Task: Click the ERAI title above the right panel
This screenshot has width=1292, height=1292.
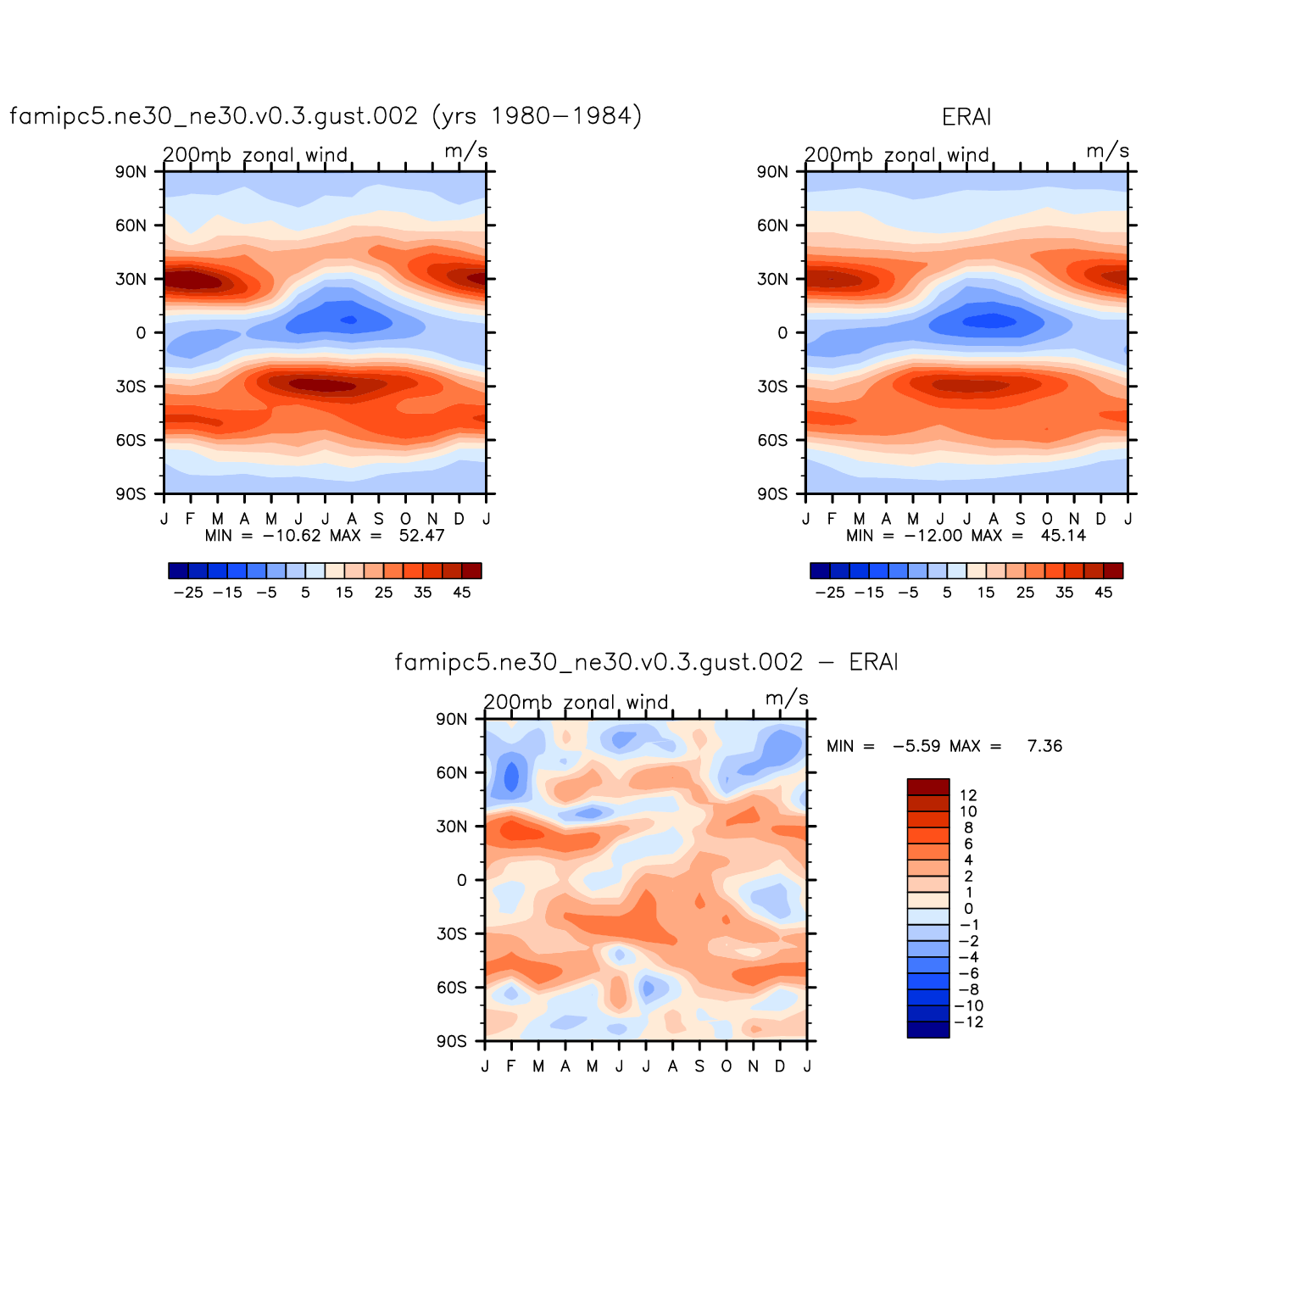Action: tap(966, 117)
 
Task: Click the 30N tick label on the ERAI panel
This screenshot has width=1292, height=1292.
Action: tap(772, 279)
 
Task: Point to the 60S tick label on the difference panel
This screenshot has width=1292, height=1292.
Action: tap(452, 988)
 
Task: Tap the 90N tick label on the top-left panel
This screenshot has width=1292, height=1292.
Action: tap(131, 172)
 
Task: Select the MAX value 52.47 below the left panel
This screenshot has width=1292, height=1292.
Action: tap(421, 536)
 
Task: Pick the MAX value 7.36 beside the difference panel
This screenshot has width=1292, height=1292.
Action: tap(1044, 746)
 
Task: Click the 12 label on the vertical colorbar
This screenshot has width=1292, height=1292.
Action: tap(968, 795)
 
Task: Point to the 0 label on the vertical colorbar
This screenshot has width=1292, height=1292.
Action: tap(968, 909)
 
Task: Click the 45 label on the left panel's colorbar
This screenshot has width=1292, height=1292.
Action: tap(461, 593)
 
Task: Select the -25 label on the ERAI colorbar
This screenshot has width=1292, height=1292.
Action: tap(830, 593)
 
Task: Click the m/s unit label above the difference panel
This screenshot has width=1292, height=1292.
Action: tap(787, 699)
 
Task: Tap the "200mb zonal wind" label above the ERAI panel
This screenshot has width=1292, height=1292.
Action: tap(897, 155)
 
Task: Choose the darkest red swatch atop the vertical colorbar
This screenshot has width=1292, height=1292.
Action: tap(928, 787)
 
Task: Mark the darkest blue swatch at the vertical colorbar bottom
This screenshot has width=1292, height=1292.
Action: tap(928, 1029)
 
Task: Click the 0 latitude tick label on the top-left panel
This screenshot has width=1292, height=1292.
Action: tap(141, 333)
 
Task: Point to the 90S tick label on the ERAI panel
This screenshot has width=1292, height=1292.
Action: tap(772, 494)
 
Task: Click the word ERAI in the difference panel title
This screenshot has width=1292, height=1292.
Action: tap(873, 662)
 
